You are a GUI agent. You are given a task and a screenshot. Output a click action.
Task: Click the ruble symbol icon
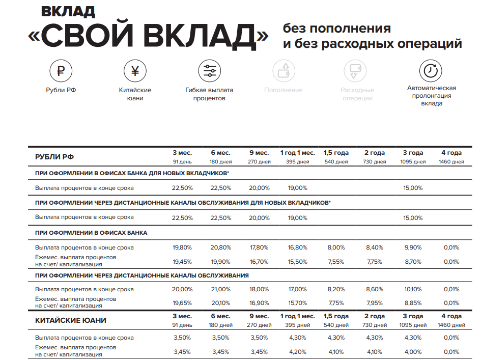(x=61, y=71)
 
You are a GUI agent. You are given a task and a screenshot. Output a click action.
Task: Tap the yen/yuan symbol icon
(x=135, y=71)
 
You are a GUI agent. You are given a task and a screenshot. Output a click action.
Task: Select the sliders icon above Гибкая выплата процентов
(x=209, y=71)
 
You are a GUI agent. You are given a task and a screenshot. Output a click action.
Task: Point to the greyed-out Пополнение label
(x=284, y=90)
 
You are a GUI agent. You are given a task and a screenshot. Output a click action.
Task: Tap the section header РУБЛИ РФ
(x=54, y=157)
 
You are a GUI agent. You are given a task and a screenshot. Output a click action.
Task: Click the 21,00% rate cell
(x=220, y=289)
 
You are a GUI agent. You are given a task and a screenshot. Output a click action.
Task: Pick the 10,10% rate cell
(x=413, y=289)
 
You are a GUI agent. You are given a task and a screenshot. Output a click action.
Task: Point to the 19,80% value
(x=182, y=247)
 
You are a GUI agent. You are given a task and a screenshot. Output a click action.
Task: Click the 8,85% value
(x=413, y=302)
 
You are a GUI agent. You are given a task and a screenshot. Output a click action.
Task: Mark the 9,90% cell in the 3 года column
(x=413, y=247)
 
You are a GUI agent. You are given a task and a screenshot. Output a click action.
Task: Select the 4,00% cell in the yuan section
(x=413, y=351)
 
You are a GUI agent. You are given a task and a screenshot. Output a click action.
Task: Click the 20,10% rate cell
(x=220, y=302)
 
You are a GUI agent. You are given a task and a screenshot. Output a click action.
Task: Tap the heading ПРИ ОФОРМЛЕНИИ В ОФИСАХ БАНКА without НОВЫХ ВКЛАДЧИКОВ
(x=91, y=233)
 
